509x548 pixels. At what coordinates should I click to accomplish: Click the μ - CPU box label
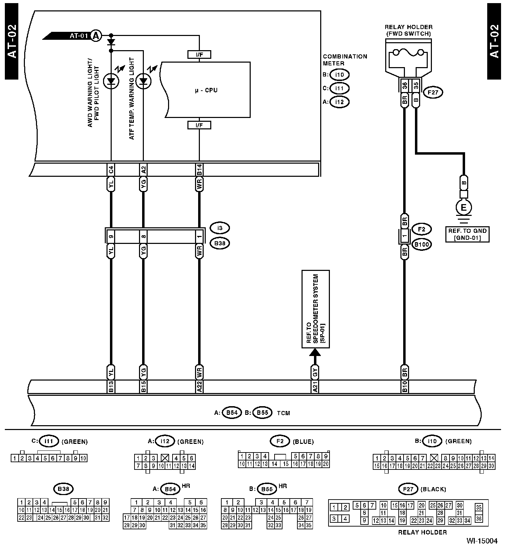[x=206, y=90]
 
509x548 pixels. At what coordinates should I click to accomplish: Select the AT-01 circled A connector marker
[x=96, y=36]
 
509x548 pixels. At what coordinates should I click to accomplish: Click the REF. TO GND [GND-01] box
[x=467, y=234]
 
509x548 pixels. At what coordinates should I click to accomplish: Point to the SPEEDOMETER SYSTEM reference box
[x=315, y=309]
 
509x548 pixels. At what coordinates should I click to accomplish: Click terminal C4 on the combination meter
[x=111, y=170]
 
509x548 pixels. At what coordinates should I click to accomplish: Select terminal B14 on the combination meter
[x=199, y=170]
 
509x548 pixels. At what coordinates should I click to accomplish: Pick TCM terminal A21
[x=315, y=387]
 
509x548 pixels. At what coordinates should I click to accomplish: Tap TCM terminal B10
[x=404, y=387]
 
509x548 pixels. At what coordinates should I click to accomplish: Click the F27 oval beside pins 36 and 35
[x=433, y=92]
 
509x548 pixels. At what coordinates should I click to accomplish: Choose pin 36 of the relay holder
[x=404, y=85]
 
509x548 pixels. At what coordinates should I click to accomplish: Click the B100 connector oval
[x=422, y=245]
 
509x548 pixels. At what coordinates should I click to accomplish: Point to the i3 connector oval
[x=220, y=228]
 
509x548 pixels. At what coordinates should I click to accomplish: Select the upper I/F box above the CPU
[x=199, y=54]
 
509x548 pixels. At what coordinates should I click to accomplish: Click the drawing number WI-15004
[x=482, y=541]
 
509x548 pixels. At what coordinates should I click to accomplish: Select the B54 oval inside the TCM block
[x=232, y=413]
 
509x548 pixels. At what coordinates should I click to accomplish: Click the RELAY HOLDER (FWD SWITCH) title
[x=408, y=30]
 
